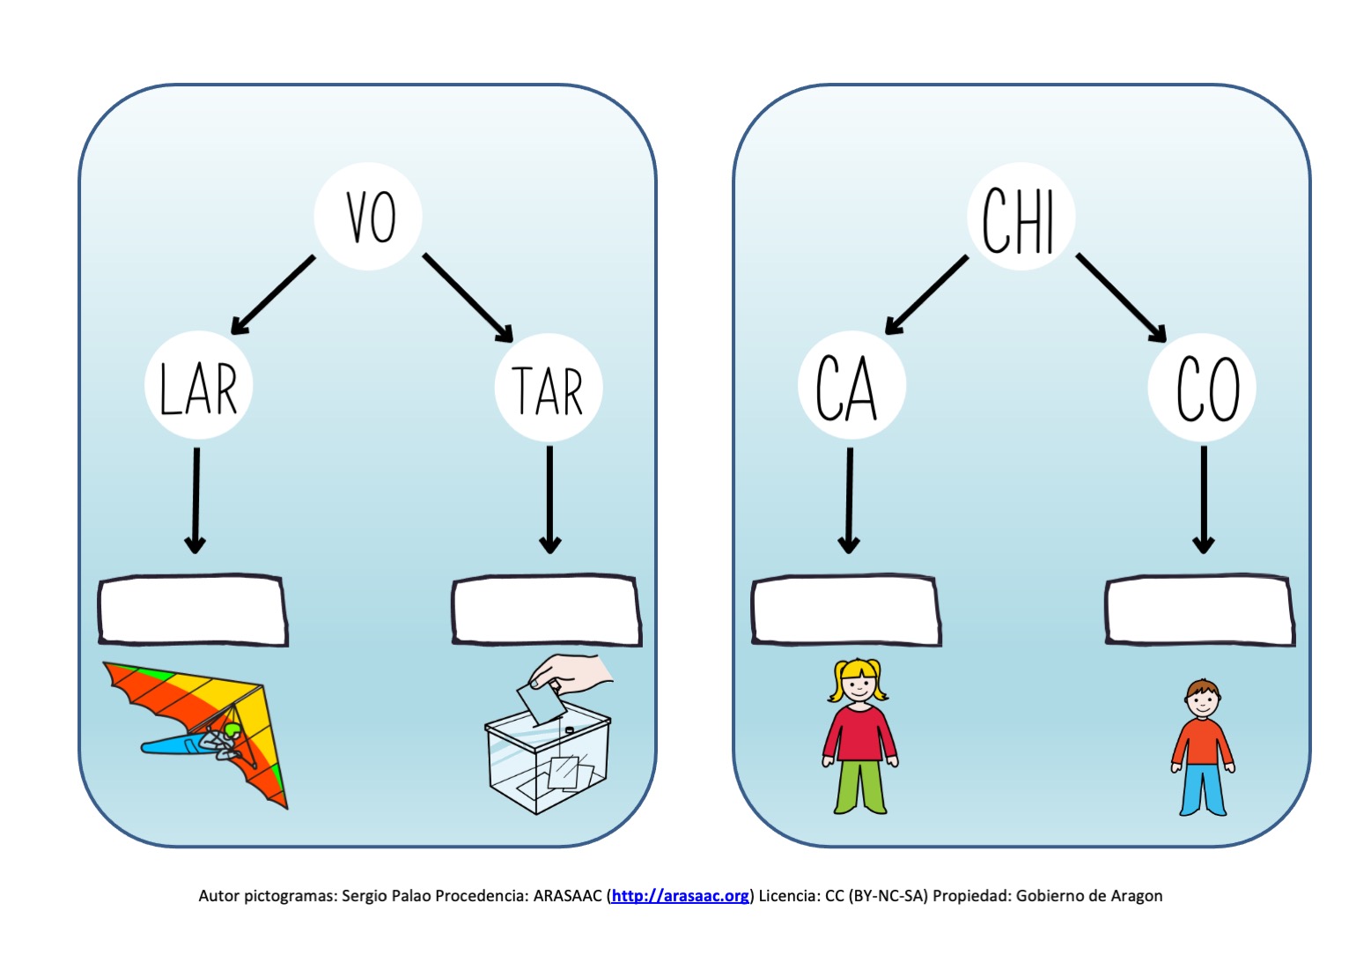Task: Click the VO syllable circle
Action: click(x=368, y=216)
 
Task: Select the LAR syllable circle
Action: click(x=199, y=385)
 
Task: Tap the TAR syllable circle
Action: click(x=549, y=388)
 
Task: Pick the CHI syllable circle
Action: click(x=1021, y=216)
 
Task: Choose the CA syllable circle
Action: click(x=852, y=385)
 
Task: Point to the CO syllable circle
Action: click(x=1202, y=388)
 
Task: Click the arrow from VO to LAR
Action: click(x=273, y=295)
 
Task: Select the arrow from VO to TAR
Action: click(x=468, y=298)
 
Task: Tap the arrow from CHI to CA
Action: click(x=926, y=295)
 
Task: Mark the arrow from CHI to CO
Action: click(x=1121, y=298)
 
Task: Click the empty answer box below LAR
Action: click(x=193, y=610)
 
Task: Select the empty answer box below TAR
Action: click(x=547, y=610)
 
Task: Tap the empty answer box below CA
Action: click(x=846, y=610)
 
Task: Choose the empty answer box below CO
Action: click(x=1200, y=610)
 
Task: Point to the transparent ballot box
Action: click(x=547, y=759)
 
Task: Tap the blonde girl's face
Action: click(x=859, y=684)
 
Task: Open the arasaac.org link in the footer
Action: click(x=680, y=896)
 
